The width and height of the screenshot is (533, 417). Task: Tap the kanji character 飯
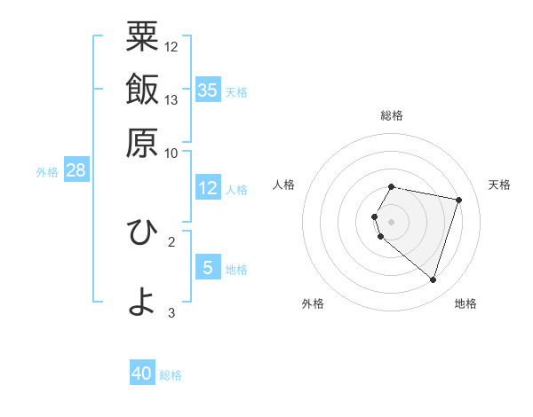[142, 90]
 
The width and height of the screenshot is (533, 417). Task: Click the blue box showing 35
[208, 90]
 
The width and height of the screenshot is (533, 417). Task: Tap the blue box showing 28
[76, 170]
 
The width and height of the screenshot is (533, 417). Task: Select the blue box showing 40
[142, 374]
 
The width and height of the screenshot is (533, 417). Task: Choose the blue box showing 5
[208, 267]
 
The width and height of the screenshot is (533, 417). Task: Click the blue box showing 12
[208, 188]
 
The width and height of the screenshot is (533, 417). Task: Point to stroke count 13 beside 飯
[171, 99]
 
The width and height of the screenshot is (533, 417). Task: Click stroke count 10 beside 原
[171, 153]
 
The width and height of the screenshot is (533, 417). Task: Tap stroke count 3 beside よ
[171, 312]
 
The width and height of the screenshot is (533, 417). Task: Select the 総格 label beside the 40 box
[171, 375]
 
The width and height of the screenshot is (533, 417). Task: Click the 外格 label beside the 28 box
[47, 172]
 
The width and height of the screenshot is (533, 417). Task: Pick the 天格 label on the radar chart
[499, 185]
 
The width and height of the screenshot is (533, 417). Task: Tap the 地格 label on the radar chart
[465, 303]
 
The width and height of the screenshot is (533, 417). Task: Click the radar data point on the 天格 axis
[458, 201]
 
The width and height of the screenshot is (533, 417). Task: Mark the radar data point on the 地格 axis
[433, 279]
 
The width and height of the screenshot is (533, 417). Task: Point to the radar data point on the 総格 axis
[392, 186]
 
